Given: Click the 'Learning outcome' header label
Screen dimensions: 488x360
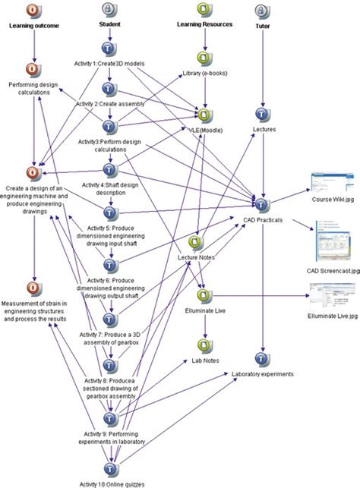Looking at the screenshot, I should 33,25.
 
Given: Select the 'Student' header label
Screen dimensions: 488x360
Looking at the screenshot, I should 110,25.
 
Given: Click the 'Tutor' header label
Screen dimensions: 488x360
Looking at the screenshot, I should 263,25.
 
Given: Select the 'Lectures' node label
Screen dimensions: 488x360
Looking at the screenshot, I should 264,130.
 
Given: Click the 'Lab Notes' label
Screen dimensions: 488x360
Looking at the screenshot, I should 205,360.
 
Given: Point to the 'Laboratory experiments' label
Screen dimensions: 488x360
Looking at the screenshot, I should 262,374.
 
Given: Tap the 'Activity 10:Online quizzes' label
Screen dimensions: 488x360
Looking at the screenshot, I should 111,483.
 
